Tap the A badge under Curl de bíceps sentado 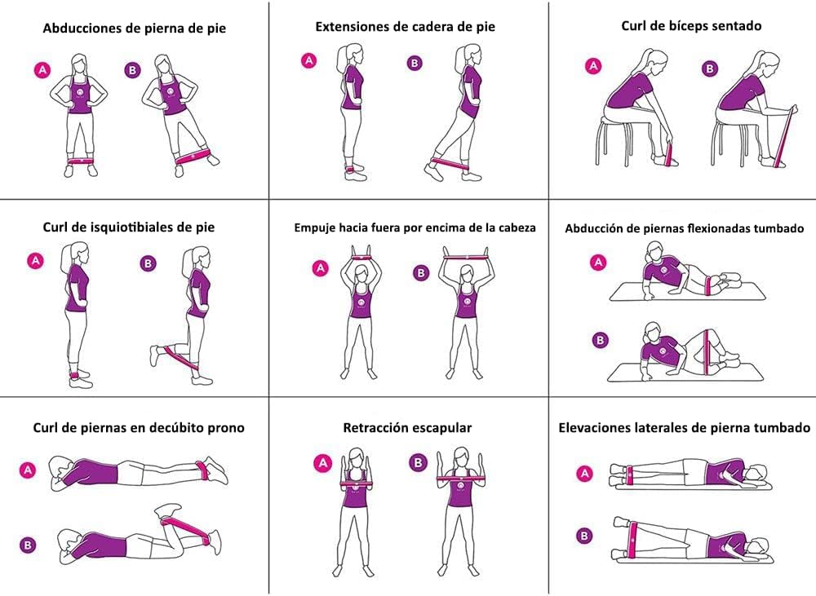coord(593,66)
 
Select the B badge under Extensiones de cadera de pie coord(415,63)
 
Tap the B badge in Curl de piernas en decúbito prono coord(28,545)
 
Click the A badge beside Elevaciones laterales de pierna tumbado coord(585,473)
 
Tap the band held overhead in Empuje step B coord(466,257)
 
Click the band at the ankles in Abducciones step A coord(79,161)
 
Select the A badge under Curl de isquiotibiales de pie coord(35,261)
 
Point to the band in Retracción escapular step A coord(358,483)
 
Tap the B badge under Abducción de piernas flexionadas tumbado coord(600,340)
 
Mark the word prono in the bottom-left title coord(226,429)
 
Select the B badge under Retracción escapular coord(418,462)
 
